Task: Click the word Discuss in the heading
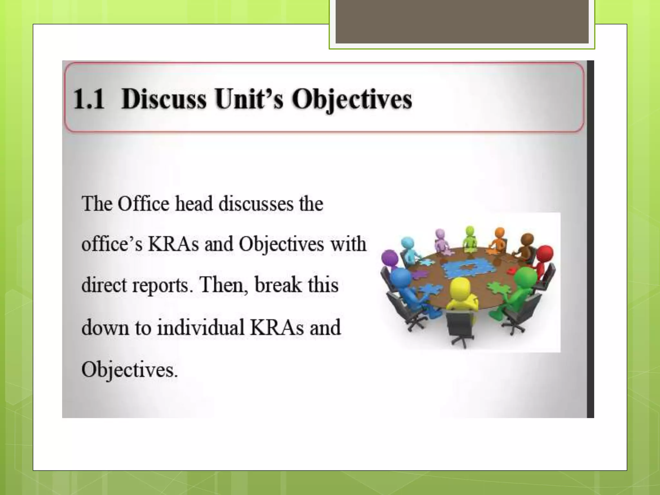pyautogui.click(x=164, y=99)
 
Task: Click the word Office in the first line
pyautogui.click(x=143, y=204)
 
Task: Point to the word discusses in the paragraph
pyautogui.click(x=256, y=204)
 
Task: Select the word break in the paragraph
pyautogui.click(x=278, y=285)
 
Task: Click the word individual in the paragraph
pyautogui.click(x=200, y=327)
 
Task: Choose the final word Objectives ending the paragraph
pyautogui.click(x=129, y=370)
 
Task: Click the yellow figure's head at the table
pyautogui.click(x=460, y=287)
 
